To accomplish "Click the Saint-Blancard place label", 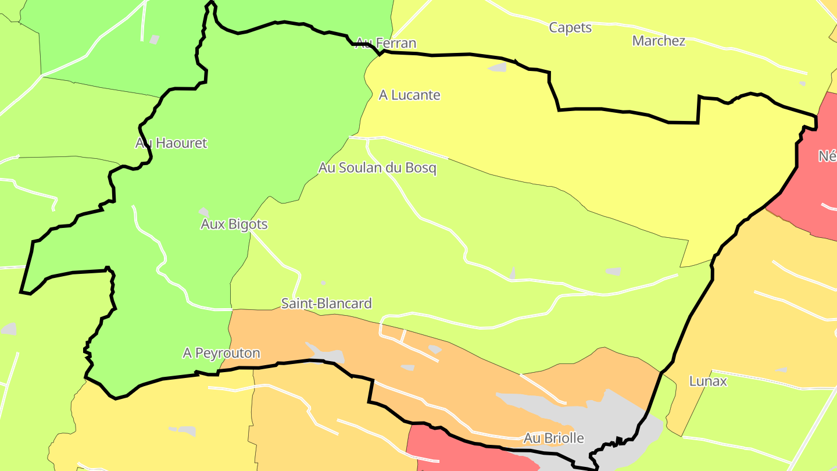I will (x=326, y=304).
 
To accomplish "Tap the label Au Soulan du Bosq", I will (x=377, y=168).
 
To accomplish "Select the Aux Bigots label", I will (x=234, y=224).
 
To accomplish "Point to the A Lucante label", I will (x=409, y=95).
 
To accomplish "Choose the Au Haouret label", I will (x=171, y=143).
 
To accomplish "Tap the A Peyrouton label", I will (x=221, y=353).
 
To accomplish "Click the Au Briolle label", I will (x=553, y=438).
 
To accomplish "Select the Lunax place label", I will (x=707, y=381).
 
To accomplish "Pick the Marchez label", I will (x=659, y=41).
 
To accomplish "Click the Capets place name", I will (x=570, y=27).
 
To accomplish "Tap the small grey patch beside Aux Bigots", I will (x=203, y=212).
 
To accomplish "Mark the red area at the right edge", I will (x=814, y=186).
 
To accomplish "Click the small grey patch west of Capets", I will (x=498, y=67).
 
